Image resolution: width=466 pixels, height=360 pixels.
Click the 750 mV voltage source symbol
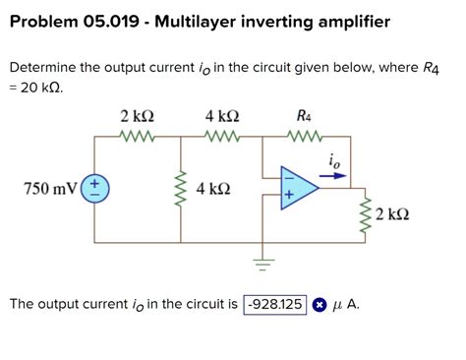coord(95,188)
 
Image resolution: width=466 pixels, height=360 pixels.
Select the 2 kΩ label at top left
coord(135,117)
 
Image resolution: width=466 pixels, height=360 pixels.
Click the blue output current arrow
coord(332,177)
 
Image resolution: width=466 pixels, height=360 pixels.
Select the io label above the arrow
coord(335,160)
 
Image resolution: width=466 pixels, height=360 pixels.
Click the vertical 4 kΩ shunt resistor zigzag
coord(179,188)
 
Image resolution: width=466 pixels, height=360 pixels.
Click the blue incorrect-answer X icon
coord(320,305)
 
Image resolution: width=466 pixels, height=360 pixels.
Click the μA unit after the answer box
coord(346,304)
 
